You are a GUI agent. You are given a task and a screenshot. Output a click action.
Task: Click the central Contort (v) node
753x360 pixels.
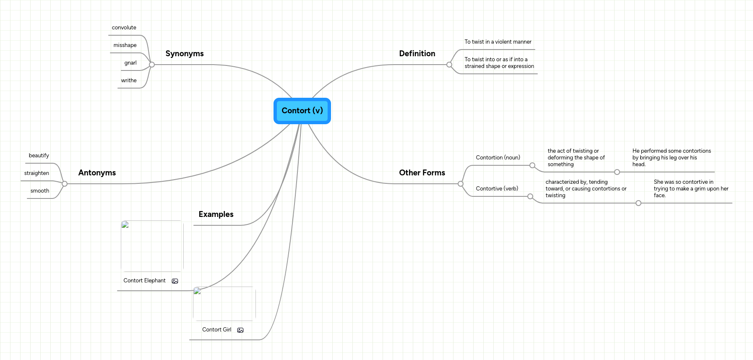click(x=302, y=111)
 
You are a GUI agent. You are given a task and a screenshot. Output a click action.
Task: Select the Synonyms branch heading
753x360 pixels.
click(x=185, y=54)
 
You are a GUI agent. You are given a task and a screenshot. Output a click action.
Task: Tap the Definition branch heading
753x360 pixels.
click(x=417, y=54)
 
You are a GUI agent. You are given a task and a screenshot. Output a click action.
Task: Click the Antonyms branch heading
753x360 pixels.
click(x=97, y=173)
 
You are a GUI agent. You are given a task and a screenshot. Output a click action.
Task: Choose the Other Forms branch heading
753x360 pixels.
click(x=422, y=173)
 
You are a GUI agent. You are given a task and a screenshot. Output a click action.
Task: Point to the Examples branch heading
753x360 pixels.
click(x=216, y=214)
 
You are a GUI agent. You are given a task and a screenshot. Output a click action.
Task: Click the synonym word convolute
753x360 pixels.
click(x=124, y=28)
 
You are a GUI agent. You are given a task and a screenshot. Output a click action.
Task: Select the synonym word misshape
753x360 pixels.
click(x=125, y=45)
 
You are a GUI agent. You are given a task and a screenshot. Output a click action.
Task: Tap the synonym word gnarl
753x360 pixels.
click(x=130, y=63)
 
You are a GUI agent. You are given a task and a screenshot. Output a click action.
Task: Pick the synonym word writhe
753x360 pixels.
click(x=129, y=81)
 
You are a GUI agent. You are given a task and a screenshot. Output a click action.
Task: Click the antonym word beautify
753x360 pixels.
click(x=39, y=156)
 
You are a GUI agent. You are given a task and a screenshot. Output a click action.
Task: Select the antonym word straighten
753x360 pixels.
click(x=36, y=173)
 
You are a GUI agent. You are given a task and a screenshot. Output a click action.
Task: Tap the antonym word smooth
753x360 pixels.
click(x=40, y=191)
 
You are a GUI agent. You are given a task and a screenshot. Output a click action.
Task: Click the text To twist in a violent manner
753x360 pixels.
click(x=498, y=42)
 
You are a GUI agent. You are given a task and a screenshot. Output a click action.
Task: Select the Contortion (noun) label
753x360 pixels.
click(x=498, y=158)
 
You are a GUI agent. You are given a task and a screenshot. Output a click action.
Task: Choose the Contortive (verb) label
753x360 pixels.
click(x=497, y=189)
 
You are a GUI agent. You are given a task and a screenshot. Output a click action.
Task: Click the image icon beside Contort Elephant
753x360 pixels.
click(x=175, y=281)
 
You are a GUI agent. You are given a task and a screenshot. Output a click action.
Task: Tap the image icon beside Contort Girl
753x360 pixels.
click(x=240, y=330)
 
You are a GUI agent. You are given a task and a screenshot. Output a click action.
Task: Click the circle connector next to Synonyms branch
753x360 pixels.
click(x=152, y=65)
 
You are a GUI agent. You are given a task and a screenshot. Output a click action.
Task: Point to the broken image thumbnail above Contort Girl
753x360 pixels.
click(x=224, y=304)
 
